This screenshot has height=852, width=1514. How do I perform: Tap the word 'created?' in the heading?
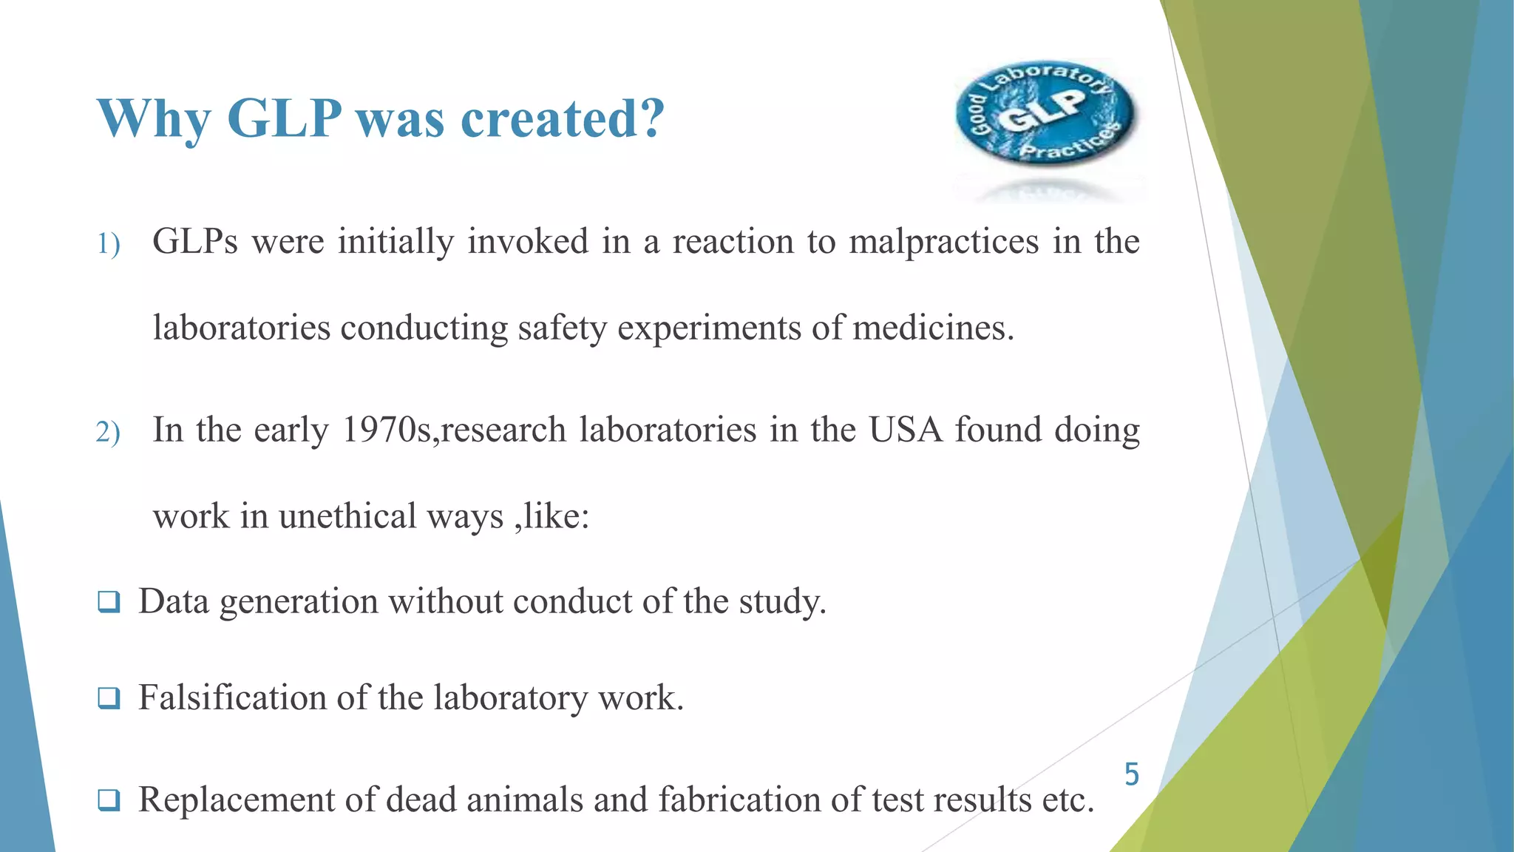click(x=563, y=118)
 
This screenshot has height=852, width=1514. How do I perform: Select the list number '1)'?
click(x=108, y=244)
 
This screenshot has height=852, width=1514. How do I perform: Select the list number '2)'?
click(x=108, y=433)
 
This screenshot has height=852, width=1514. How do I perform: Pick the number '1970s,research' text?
click(x=455, y=430)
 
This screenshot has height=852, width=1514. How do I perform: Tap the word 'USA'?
click(x=906, y=430)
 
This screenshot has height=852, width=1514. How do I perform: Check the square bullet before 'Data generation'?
click(x=108, y=602)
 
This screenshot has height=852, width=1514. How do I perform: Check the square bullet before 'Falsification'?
click(x=108, y=698)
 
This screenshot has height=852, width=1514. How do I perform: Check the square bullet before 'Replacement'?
click(x=108, y=799)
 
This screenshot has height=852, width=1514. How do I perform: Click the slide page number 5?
click(x=1132, y=775)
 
